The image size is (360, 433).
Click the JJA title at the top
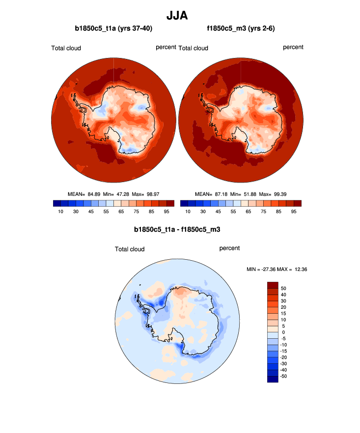tap(180, 16)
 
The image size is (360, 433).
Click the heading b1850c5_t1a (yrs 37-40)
tap(113, 29)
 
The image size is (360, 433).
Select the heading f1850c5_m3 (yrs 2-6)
tap(241, 29)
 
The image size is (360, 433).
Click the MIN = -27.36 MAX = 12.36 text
tap(277, 270)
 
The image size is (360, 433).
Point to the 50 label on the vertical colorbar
tap(283, 288)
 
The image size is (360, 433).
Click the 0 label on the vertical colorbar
tap(283, 332)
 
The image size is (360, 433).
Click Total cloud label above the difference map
tap(130, 249)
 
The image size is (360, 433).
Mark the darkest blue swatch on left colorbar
tap(56, 203)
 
